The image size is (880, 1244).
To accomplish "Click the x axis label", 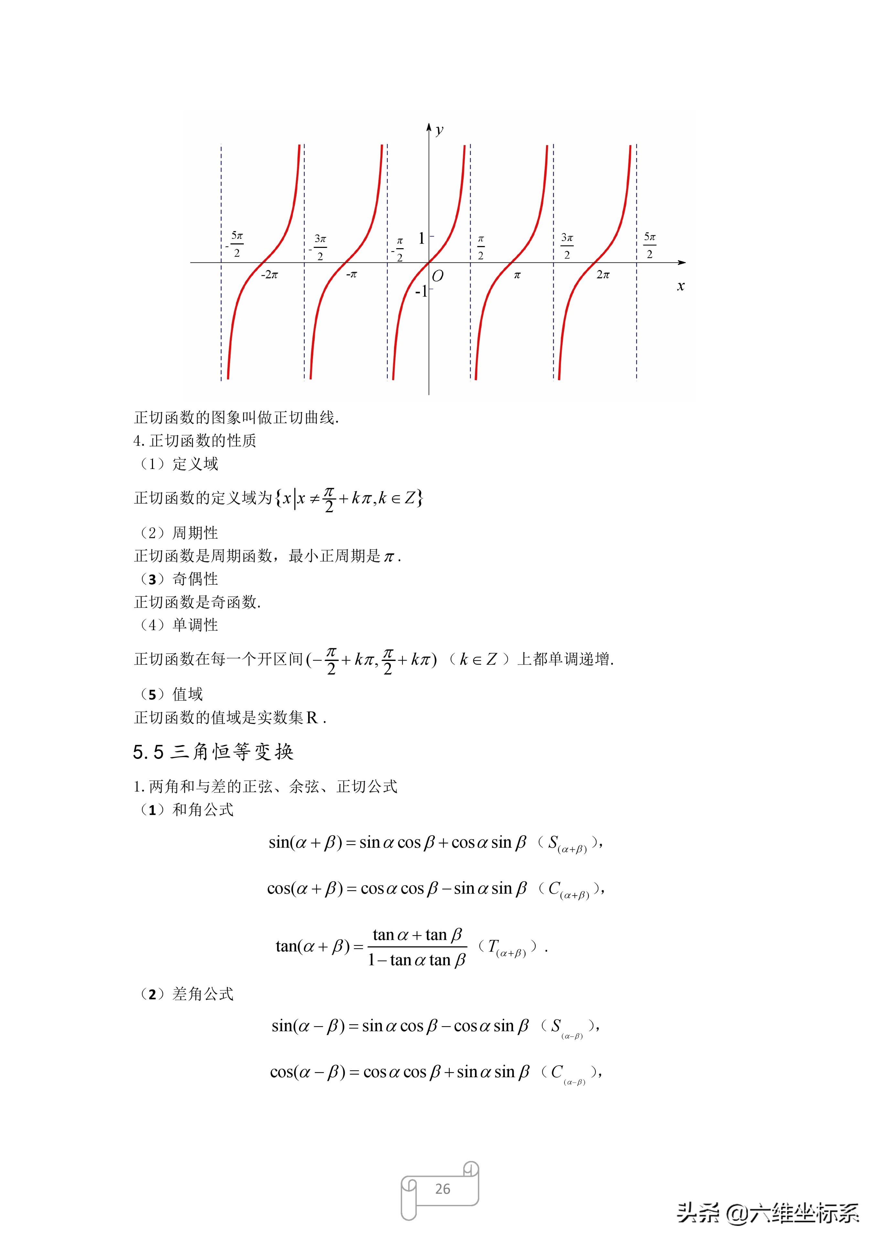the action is (x=681, y=287).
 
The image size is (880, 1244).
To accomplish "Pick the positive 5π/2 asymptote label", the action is (x=650, y=245).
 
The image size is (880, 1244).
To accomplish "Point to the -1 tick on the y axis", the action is (x=421, y=292).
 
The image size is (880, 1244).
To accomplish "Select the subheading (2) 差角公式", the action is (x=187, y=994).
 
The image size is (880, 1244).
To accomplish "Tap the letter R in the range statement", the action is (x=312, y=718).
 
